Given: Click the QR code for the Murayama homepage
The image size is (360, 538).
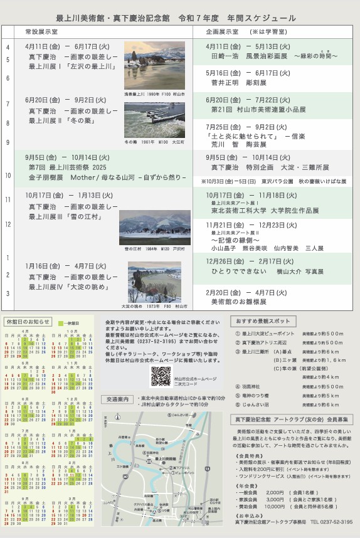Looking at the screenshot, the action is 161,376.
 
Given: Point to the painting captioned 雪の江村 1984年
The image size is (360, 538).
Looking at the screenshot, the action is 154,227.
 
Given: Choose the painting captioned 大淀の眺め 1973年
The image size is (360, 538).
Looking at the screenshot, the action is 154,282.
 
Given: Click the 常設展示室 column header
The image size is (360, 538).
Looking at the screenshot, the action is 41,31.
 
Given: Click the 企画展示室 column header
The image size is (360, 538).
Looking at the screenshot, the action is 222,31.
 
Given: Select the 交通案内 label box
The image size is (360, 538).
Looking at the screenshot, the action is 118,399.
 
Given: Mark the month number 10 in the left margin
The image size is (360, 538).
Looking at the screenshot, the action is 8,176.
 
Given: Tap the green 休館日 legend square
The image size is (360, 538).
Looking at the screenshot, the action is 61,322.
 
